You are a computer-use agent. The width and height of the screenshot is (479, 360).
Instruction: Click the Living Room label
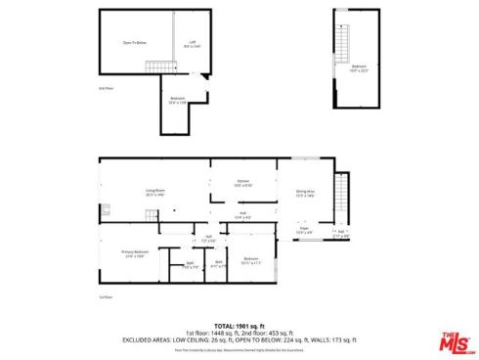tap(154, 192)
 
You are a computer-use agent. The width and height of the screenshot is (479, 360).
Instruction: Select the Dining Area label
tap(304, 194)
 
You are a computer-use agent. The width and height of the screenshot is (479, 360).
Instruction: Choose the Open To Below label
tap(135, 43)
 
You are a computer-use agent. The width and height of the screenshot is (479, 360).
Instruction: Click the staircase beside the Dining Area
tap(340, 188)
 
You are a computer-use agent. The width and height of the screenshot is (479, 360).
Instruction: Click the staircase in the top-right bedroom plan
tap(343, 44)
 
